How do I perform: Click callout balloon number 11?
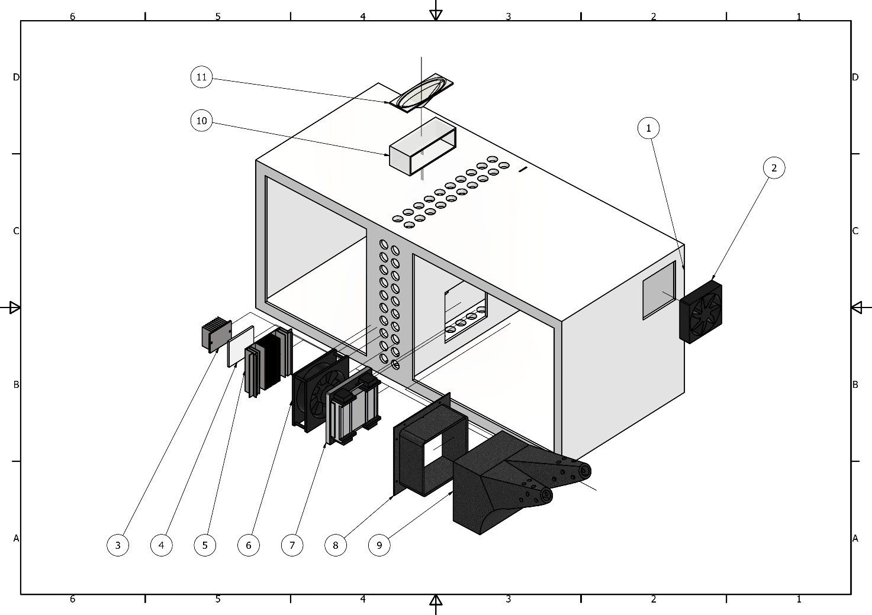tap(201, 77)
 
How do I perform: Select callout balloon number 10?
tap(201, 121)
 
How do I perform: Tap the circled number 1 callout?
tap(648, 128)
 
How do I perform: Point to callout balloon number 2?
tap(774, 168)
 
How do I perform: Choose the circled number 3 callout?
tap(118, 545)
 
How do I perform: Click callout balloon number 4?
tap(161, 545)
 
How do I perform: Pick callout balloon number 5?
tap(205, 545)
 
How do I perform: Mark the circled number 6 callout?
tap(249, 545)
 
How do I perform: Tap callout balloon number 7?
tap(292, 545)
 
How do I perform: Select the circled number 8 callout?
tap(336, 545)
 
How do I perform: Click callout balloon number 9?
tap(379, 545)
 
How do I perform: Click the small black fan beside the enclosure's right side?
tap(701, 312)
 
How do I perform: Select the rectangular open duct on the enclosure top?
tap(422, 147)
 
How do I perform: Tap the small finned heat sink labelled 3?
tap(216, 334)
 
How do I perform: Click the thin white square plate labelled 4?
tap(241, 347)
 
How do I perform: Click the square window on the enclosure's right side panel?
tap(659, 290)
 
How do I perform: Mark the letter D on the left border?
tap(16, 77)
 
